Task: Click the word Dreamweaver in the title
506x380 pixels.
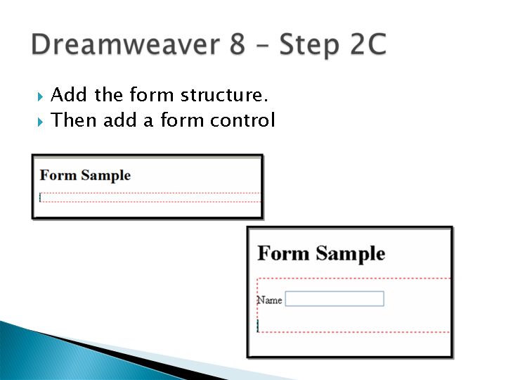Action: click(x=126, y=44)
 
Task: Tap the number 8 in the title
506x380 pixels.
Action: click(x=238, y=44)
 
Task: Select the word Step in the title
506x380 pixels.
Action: click(x=309, y=45)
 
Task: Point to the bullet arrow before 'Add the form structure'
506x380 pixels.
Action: click(x=40, y=96)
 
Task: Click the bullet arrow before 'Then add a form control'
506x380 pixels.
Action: click(x=40, y=122)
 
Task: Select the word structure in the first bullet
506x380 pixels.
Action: click(x=224, y=95)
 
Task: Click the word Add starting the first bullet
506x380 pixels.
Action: click(x=69, y=95)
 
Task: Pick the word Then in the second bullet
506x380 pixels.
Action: click(x=74, y=120)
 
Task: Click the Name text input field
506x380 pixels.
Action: click(x=335, y=298)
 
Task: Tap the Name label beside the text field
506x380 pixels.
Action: click(x=269, y=300)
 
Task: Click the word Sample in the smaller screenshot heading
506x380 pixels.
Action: click(x=106, y=176)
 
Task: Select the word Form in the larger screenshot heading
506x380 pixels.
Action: click(x=283, y=253)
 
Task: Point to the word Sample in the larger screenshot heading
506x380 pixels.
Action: click(x=351, y=253)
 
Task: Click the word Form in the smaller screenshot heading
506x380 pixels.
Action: click(x=58, y=175)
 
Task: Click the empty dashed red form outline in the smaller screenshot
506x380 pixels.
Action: click(x=150, y=194)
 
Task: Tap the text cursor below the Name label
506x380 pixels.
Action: click(x=258, y=326)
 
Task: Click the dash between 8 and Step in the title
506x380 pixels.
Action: click(x=261, y=46)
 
